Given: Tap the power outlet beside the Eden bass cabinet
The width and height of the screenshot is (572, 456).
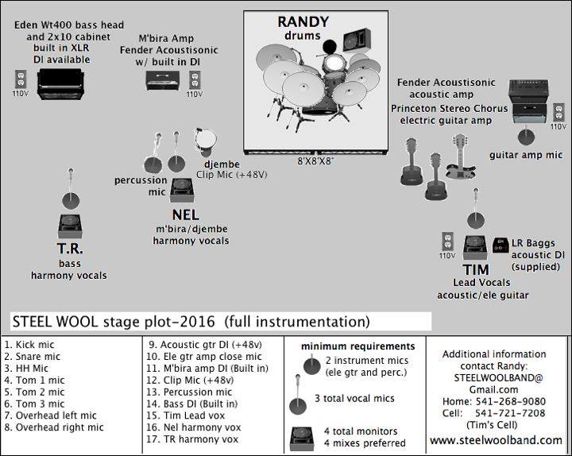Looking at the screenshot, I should [x=21, y=79].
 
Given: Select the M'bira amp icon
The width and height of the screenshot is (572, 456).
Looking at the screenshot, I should [x=165, y=80].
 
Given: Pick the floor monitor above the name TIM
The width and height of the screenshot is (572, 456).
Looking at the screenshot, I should [x=476, y=247].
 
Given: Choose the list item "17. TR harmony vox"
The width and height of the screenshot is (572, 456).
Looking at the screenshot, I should [x=194, y=439].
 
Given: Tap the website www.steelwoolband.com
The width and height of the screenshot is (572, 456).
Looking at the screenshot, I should [x=497, y=440].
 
